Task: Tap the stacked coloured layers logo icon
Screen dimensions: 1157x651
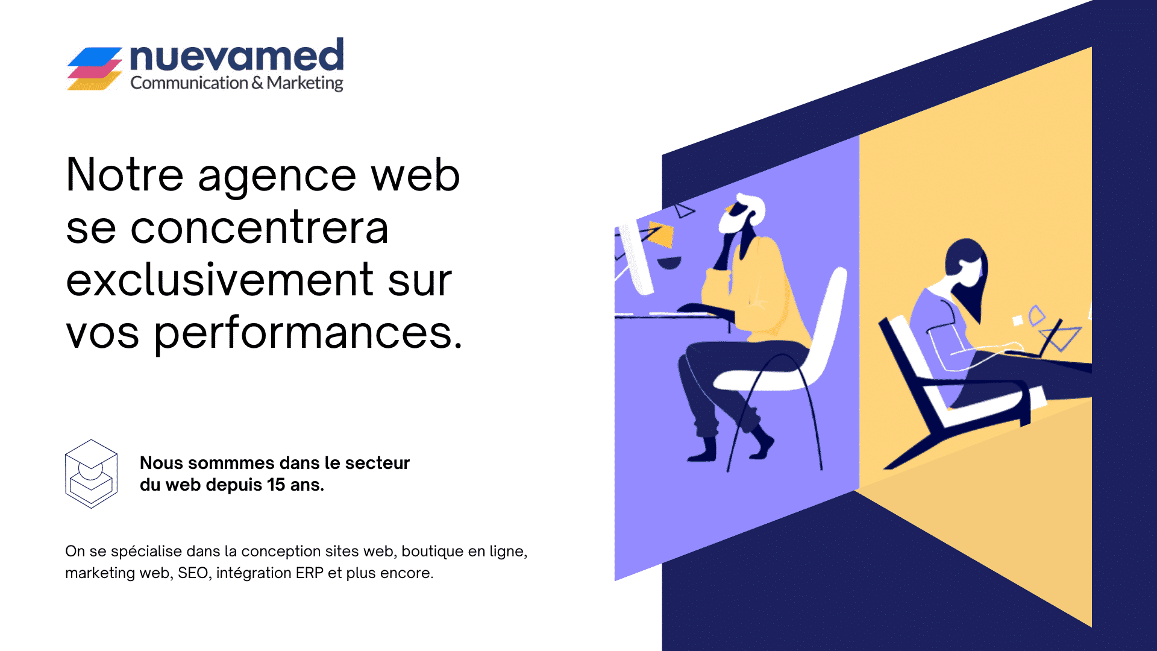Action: (x=95, y=69)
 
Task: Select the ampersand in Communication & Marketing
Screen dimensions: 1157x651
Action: (x=257, y=83)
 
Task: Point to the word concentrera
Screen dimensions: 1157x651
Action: (x=260, y=228)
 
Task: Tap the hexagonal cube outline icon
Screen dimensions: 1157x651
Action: (x=91, y=474)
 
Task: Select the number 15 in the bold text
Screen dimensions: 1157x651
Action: (x=276, y=485)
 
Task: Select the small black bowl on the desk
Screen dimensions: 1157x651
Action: (x=669, y=263)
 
